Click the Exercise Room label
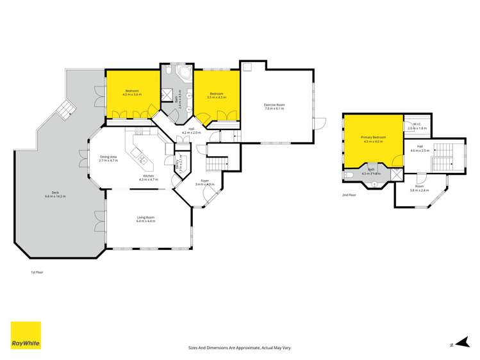[274, 104]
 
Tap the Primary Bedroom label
[372, 138]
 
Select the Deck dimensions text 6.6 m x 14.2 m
[56, 197]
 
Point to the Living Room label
[145, 218]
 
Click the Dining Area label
[108, 157]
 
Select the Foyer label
[206, 181]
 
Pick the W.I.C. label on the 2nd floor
[417, 125]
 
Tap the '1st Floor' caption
[37, 272]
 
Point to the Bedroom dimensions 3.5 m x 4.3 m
[216, 97]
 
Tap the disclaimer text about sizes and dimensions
[240, 347]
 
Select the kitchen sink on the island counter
[140, 160]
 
